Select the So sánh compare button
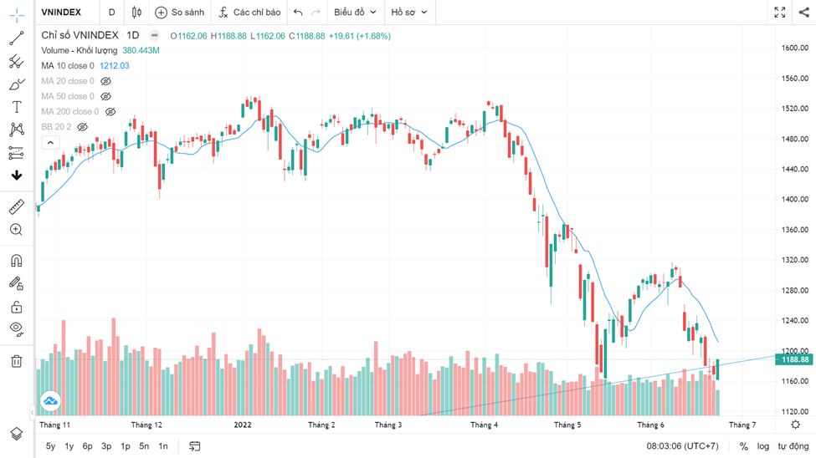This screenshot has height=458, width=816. [x=180, y=13]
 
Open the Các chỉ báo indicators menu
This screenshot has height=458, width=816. [x=249, y=13]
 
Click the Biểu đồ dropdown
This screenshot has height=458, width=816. [x=355, y=13]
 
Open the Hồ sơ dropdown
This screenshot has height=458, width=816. [x=409, y=13]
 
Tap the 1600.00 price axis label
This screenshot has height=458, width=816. [x=794, y=48]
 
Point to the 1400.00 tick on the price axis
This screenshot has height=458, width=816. [x=794, y=200]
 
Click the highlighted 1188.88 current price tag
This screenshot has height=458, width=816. [x=795, y=359]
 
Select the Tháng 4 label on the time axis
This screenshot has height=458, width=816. [x=484, y=425]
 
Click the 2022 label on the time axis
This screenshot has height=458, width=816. [x=243, y=425]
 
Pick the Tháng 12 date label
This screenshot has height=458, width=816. [x=146, y=425]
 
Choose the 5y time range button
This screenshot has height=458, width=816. [x=50, y=446]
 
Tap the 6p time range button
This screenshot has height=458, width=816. [x=87, y=446]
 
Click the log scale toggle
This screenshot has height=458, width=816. [x=763, y=446]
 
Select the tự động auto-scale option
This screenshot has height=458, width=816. [x=793, y=446]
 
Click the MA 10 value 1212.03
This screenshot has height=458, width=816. [x=115, y=66]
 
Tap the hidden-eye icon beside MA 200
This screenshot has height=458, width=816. [x=110, y=112]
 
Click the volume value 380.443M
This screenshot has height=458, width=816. [x=141, y=51]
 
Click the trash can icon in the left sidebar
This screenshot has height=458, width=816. [x=16, y=361]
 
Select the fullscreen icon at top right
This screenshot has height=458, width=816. [x=779, y=13]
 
